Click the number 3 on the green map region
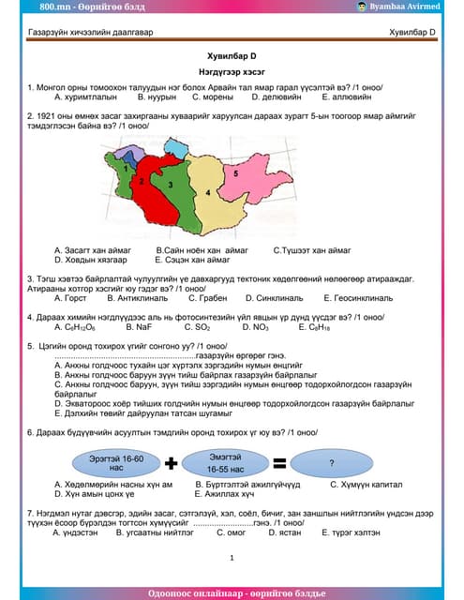pyautogui.click(x=171, y=186)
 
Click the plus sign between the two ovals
pyautogui.click(x=172, y=463)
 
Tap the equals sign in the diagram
pyautogui.click(x=278, y=463)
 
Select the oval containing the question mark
pyautogui.click(x=331, y=463)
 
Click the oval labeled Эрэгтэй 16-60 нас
pyautogui.click(x=115, y=463)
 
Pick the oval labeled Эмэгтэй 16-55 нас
pyautogui.click(x=225, y=463)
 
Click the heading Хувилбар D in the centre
pyautogui.click(x=232, y=55)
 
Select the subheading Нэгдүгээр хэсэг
pyautogui.click(x=232, y=71)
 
